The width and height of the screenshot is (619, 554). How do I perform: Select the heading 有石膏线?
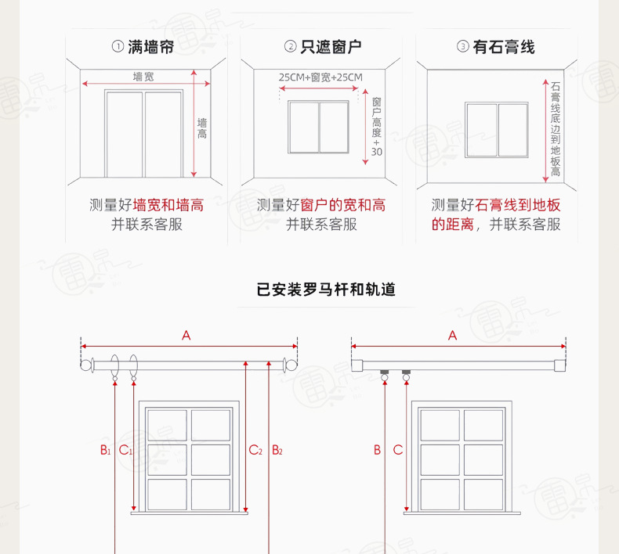[x=505, y=47]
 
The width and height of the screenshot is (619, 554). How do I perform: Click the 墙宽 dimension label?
[x=143, y=76]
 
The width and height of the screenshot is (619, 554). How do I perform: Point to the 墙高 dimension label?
[x=202, y=129]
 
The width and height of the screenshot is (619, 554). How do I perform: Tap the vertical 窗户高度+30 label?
[x=376, y=128]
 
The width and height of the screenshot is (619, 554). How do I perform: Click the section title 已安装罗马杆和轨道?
[x=326, y=290]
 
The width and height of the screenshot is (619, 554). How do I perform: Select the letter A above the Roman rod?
[x=186, y=336]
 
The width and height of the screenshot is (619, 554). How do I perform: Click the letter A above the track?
[x=452, y=336]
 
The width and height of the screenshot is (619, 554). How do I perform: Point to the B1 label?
[x=104, y=450]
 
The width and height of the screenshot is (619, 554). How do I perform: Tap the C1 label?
[x=125, y=450]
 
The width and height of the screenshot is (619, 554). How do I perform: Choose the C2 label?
[x=255, y=450]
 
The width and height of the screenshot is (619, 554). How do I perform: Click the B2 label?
[x=277, y=450]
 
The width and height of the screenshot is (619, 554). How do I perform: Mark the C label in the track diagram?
[x=398, y=450]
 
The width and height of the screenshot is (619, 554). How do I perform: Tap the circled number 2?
[x=290, y=47]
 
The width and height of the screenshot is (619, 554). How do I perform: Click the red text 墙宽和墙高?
[x=168, y=205]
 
